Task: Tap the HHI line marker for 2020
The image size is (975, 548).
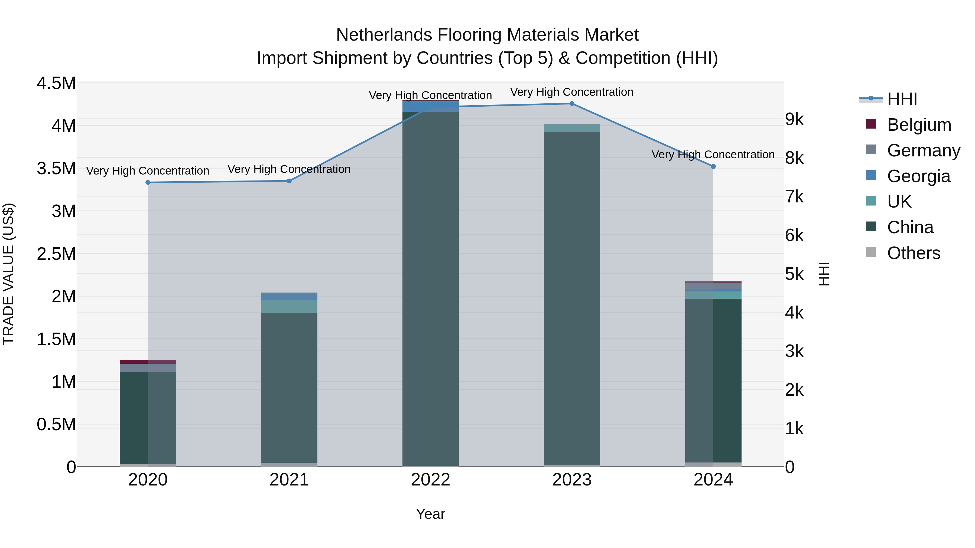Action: coord(148,182)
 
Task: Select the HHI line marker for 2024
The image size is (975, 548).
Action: coord(713,166)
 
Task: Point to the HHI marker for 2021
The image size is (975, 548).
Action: coord(289,181)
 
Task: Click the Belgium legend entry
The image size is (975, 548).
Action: coord(919,125)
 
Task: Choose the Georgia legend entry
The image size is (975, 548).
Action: coord(918,176)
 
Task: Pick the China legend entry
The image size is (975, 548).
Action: coord(910,227)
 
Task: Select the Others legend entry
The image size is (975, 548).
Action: coord(913,253)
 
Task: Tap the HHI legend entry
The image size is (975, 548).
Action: coord(902,99)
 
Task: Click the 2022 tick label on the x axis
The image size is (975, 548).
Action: coord(430,480)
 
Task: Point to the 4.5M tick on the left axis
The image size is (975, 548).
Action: coord(56,83)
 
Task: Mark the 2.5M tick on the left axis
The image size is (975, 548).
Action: coord(56,254)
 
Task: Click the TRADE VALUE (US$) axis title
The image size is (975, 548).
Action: coord(8,274)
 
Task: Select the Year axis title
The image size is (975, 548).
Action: coord(430,514)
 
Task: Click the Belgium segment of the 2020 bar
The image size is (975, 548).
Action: coord(148,362)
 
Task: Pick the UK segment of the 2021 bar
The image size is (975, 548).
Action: coord(289,307)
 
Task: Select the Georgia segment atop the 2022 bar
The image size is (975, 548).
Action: coord(430,106)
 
